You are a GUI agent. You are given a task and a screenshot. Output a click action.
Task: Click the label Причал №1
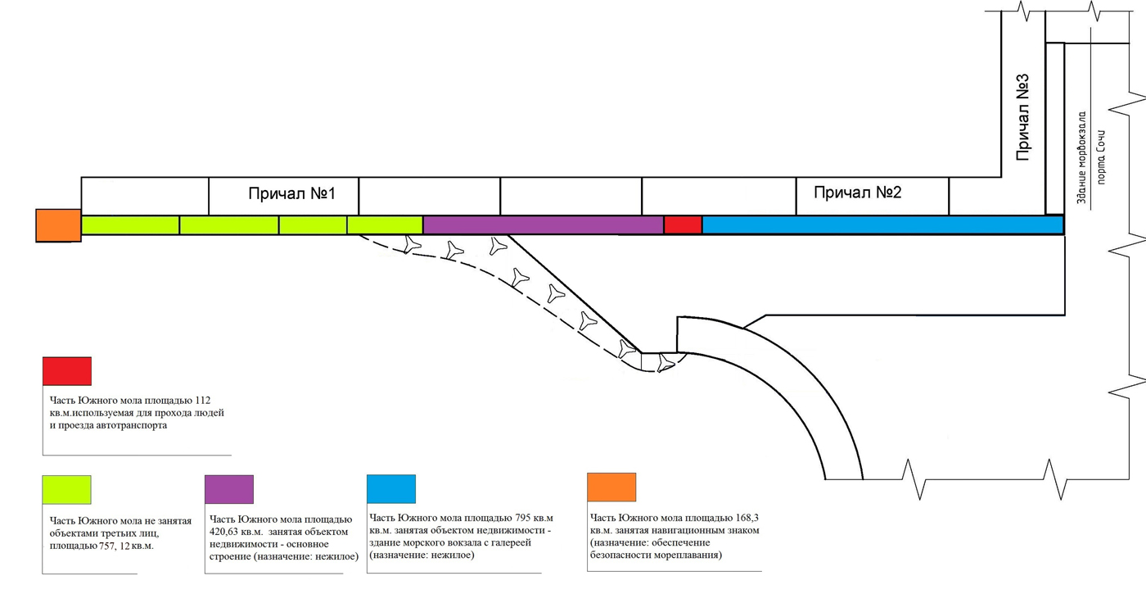(x=291, y=194)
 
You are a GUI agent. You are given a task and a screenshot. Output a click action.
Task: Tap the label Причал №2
(x=857, y=193)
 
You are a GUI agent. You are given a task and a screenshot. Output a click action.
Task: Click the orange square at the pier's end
(x=58, y=225)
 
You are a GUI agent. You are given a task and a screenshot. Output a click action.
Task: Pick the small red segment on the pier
(x=683, y=224)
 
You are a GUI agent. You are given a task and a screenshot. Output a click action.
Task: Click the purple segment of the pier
(x=543, y=224)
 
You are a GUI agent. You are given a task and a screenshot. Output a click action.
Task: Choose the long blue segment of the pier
(x=882, y=224)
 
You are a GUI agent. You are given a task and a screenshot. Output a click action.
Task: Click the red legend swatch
(x=67, y=371)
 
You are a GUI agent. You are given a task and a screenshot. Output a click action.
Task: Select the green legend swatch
(x=67, y=489)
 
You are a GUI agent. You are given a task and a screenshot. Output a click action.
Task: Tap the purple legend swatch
(x=228, y=489)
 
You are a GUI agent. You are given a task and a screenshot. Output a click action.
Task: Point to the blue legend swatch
(x=391, y=489)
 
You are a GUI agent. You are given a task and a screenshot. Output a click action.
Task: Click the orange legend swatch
(x=611, y=487)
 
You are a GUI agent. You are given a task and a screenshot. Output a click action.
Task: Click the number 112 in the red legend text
(x=202, y=401)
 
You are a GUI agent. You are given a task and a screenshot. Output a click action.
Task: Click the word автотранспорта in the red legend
(x=131, y=425)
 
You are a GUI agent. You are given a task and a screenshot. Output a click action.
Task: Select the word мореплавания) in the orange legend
(x=686, y=555)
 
